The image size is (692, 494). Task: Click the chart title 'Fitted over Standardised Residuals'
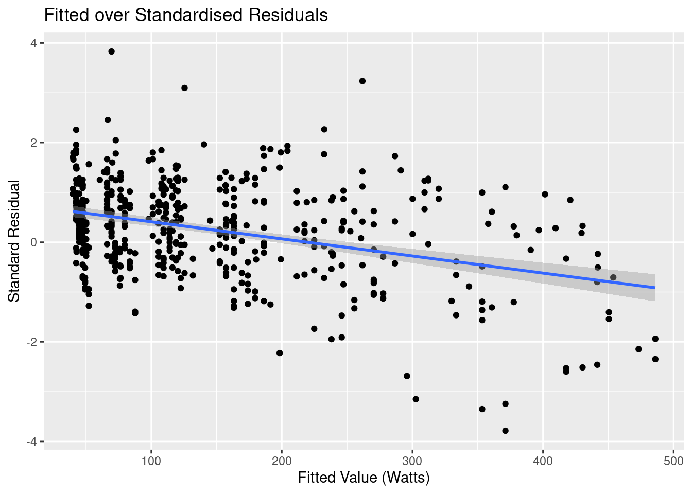point(186,15)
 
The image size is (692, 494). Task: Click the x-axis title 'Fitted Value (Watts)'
point(364,478)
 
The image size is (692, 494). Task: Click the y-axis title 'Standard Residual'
point(14,241)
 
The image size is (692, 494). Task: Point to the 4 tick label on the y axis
point(33,43)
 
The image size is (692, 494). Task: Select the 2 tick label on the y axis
point(33,143)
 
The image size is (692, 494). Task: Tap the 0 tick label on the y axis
point(33,242)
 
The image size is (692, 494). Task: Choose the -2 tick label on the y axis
point(31,342)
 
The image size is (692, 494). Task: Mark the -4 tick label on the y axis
point(31,442)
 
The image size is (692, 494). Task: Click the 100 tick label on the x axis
point(151,460)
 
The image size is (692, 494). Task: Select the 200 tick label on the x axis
point(282,460)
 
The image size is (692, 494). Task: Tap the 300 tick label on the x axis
point(412,460)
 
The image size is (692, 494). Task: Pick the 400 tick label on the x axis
point(543,460)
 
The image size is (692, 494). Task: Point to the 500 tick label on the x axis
point(673,460)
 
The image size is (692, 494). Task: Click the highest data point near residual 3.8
point(111,51)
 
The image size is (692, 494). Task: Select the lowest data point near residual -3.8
point(505,431)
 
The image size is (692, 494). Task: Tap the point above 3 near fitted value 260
point(362,81)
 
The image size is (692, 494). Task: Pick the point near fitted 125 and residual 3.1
point(184,88)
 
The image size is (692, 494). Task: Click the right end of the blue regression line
point(655,288)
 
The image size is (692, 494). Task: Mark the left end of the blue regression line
point(74,211)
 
